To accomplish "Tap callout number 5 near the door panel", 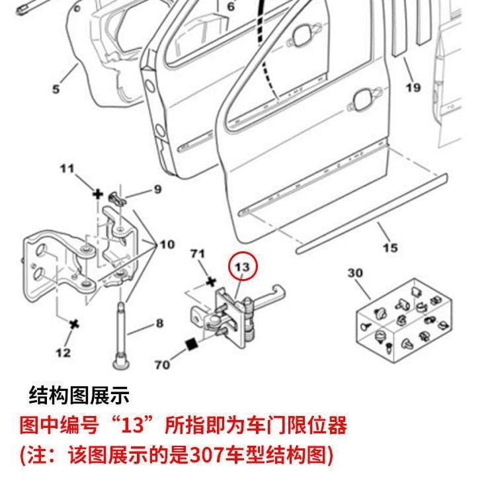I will pos(56,89).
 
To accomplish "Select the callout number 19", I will pos(413,87).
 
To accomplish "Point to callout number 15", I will pos(390,247).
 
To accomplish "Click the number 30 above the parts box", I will pos(355,272).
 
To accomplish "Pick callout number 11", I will pos(67,169).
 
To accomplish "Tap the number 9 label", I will pos(157,189).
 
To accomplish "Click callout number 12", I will pos(63,353).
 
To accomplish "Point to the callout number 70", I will pos(162,364).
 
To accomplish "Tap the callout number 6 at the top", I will pos(231,7).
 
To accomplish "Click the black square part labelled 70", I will pos(191,344).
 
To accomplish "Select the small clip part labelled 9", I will pos(117,197).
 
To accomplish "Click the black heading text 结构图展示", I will pos(79,395).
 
